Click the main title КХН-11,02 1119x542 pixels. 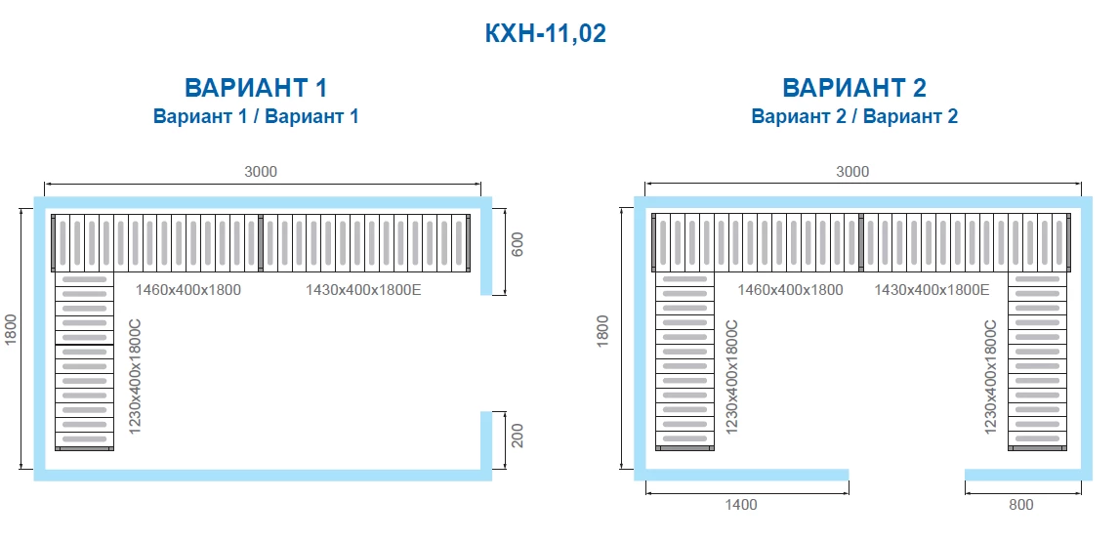[x=545, y=33]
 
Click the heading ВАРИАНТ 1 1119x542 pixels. [x=256, y=88]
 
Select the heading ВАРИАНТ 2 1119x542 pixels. [x=854, y=88]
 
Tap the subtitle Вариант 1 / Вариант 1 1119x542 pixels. [x=256, y=116]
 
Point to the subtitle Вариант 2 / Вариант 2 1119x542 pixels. [x=854, y=116]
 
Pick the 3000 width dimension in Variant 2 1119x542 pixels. [x=852, y=171]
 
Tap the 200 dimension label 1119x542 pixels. [x=518, y=436]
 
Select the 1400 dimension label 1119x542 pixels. [x=741, y=505]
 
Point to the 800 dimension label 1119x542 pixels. [x=1021, y=505]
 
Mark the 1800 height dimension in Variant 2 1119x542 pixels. [x=603, y=331]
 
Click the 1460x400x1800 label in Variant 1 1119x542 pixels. [x=188, y=290]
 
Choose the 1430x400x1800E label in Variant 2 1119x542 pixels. [x=932, y=290]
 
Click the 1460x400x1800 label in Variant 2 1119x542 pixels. [x=790, y=290]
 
